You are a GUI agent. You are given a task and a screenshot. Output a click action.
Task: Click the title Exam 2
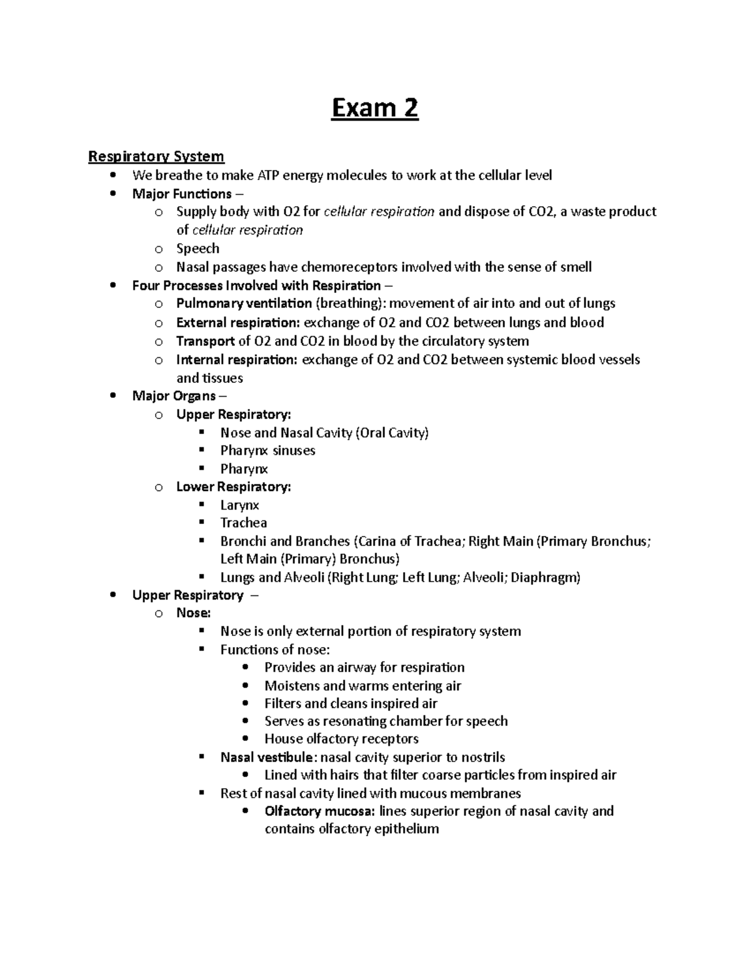pos(374,109)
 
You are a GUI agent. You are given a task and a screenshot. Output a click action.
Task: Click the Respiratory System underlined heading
pos(156,156)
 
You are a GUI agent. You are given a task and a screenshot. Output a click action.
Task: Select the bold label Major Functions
pos(182,194)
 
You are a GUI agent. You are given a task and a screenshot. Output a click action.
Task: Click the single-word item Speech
pos(197,249)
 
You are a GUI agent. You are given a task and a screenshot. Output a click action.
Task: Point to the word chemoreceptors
pos(349,267)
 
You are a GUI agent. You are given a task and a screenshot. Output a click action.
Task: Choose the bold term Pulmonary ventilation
pos(244,304)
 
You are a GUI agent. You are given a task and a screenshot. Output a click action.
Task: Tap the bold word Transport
pos(206,341)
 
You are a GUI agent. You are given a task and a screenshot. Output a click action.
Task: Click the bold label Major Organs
pos(174,396)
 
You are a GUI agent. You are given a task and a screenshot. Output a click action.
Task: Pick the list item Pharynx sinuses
pos(267,451)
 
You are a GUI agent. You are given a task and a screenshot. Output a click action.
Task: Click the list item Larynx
pos(239,505)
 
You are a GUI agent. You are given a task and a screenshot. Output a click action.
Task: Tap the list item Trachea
pos(243,523)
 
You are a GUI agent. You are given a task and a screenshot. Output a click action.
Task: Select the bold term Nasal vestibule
pos(266,758)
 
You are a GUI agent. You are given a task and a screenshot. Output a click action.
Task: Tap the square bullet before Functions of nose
pos(201,649)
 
